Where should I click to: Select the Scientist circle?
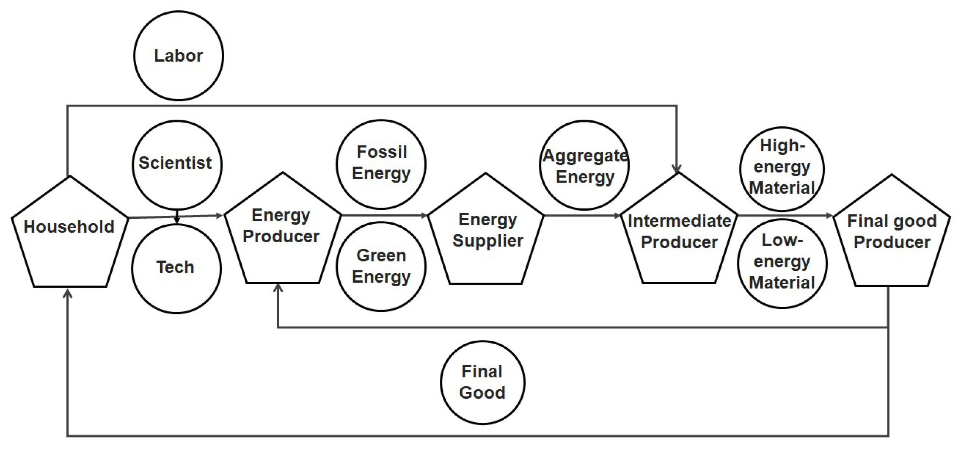coord(177,164)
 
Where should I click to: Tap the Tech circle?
coord(176,268)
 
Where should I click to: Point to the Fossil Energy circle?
coord(381,164)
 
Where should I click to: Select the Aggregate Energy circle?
coord(584,165)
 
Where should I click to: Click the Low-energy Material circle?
coord(782,264)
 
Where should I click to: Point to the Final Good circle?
coord(482,382)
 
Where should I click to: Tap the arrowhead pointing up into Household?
coord(68,294)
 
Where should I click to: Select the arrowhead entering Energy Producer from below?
coord(278,288)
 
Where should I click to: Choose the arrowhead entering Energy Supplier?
coord(424,215)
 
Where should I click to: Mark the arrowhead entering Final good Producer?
coord(830,215)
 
